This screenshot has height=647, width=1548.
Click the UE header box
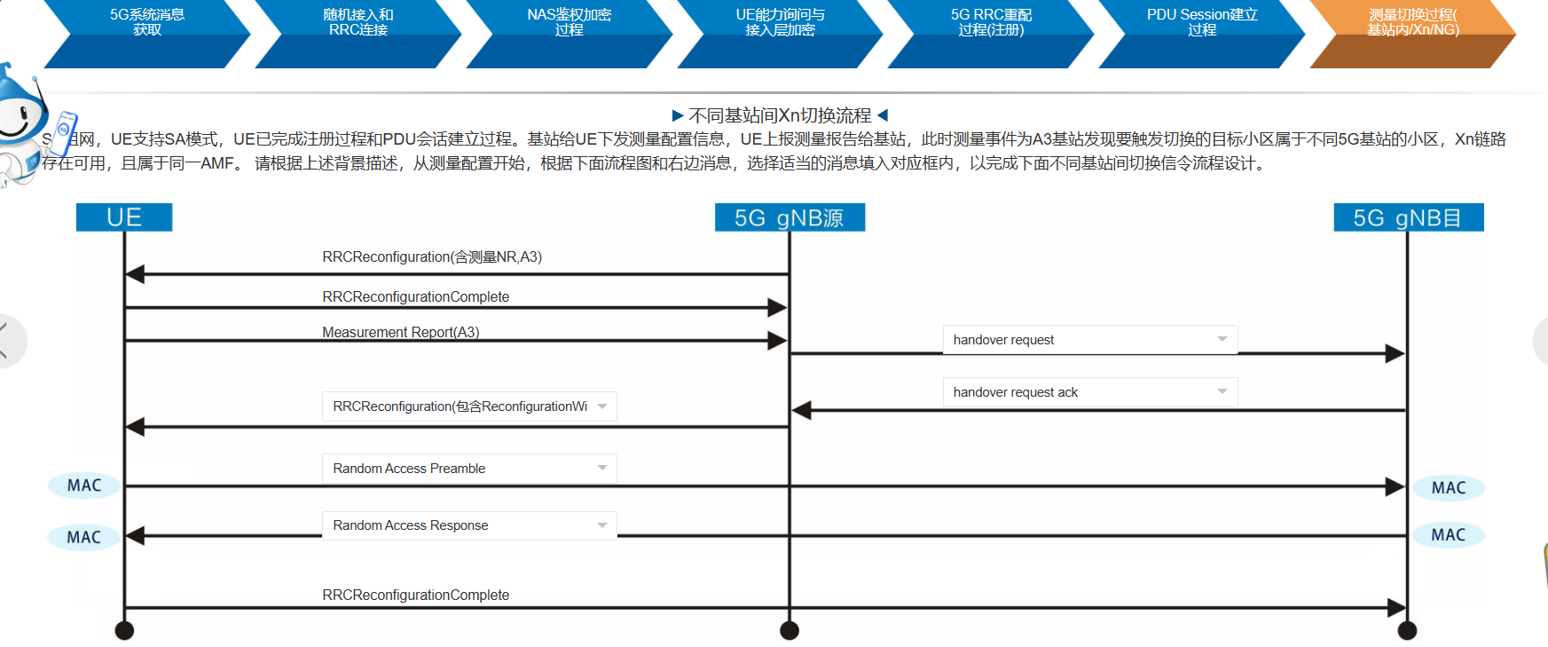click(124, 217)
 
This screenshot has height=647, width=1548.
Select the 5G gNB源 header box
click(790, 217)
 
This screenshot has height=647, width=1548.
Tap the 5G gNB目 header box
click(1408, 217)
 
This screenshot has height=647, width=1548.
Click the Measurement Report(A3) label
click(400, 332)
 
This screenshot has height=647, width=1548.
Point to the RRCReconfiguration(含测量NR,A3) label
click(432, 257)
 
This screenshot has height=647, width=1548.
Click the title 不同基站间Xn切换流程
click(780, 115)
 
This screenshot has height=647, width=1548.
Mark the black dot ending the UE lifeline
click(124, 630)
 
